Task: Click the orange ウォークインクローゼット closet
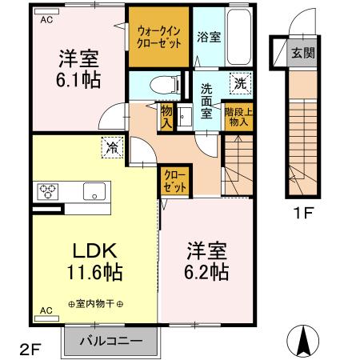tap(158, 37)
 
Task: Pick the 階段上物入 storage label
tap(238, 119)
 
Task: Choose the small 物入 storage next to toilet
tap(166, 118)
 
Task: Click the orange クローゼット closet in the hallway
tap(175, 180)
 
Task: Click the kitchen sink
tap(94, 191)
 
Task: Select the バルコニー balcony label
tap(111, 341)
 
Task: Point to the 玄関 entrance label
tap(302, 55)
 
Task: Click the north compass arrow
tap(303, 342)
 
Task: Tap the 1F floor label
tap(301, 214)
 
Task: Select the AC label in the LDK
tap(46, 309)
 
